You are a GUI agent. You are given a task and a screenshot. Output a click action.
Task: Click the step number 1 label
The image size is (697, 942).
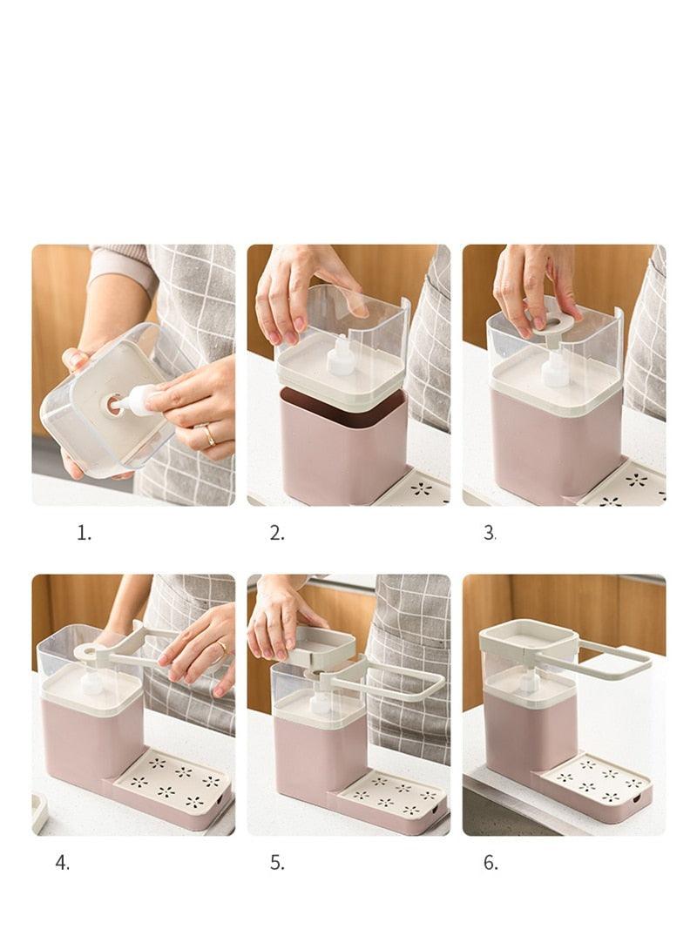[x=84, y=534]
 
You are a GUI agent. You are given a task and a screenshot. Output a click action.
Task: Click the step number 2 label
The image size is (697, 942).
[x=277, y=534]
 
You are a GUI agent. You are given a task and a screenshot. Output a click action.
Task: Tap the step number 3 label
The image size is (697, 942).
[x=490, y=534]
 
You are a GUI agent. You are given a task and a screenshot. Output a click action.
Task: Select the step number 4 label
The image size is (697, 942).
[x=62, y=863]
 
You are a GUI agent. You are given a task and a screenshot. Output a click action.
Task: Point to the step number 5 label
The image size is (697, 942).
[x=277, y=863]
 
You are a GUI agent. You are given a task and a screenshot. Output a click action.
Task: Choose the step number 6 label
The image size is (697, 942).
[x=491, y=863]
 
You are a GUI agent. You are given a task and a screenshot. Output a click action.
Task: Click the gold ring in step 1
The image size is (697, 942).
[x=209, y=434]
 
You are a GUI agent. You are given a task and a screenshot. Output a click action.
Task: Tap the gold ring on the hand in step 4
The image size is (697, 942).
[x=221, y=647]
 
